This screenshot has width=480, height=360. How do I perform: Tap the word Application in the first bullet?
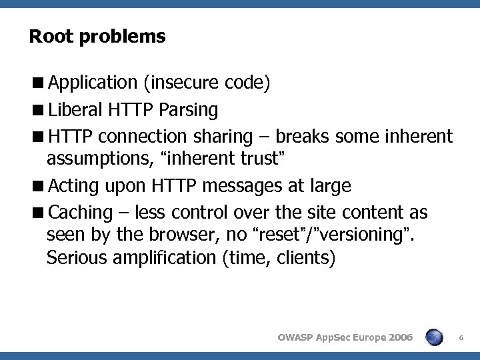coord(92,83)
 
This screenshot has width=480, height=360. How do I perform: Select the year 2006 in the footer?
coord(398,338)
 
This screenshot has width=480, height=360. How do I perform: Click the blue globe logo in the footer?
coord(435,337)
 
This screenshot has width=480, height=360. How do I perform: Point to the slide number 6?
coord(463,339)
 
